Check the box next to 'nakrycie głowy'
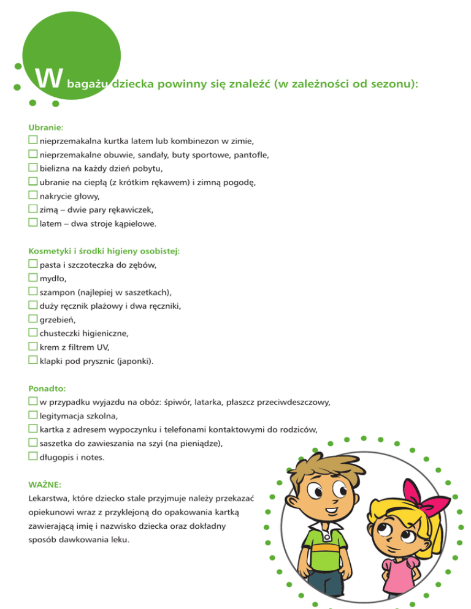[33, 195]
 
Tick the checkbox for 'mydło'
[33, 278]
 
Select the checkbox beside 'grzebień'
[33, 319]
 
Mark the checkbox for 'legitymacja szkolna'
[33, 415]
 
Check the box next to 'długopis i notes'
[33, 456]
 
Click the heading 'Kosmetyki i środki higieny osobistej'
[104, 251]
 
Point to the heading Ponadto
[47, 388]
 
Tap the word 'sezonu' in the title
[392, 83]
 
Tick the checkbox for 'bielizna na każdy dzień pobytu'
[33, 168]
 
